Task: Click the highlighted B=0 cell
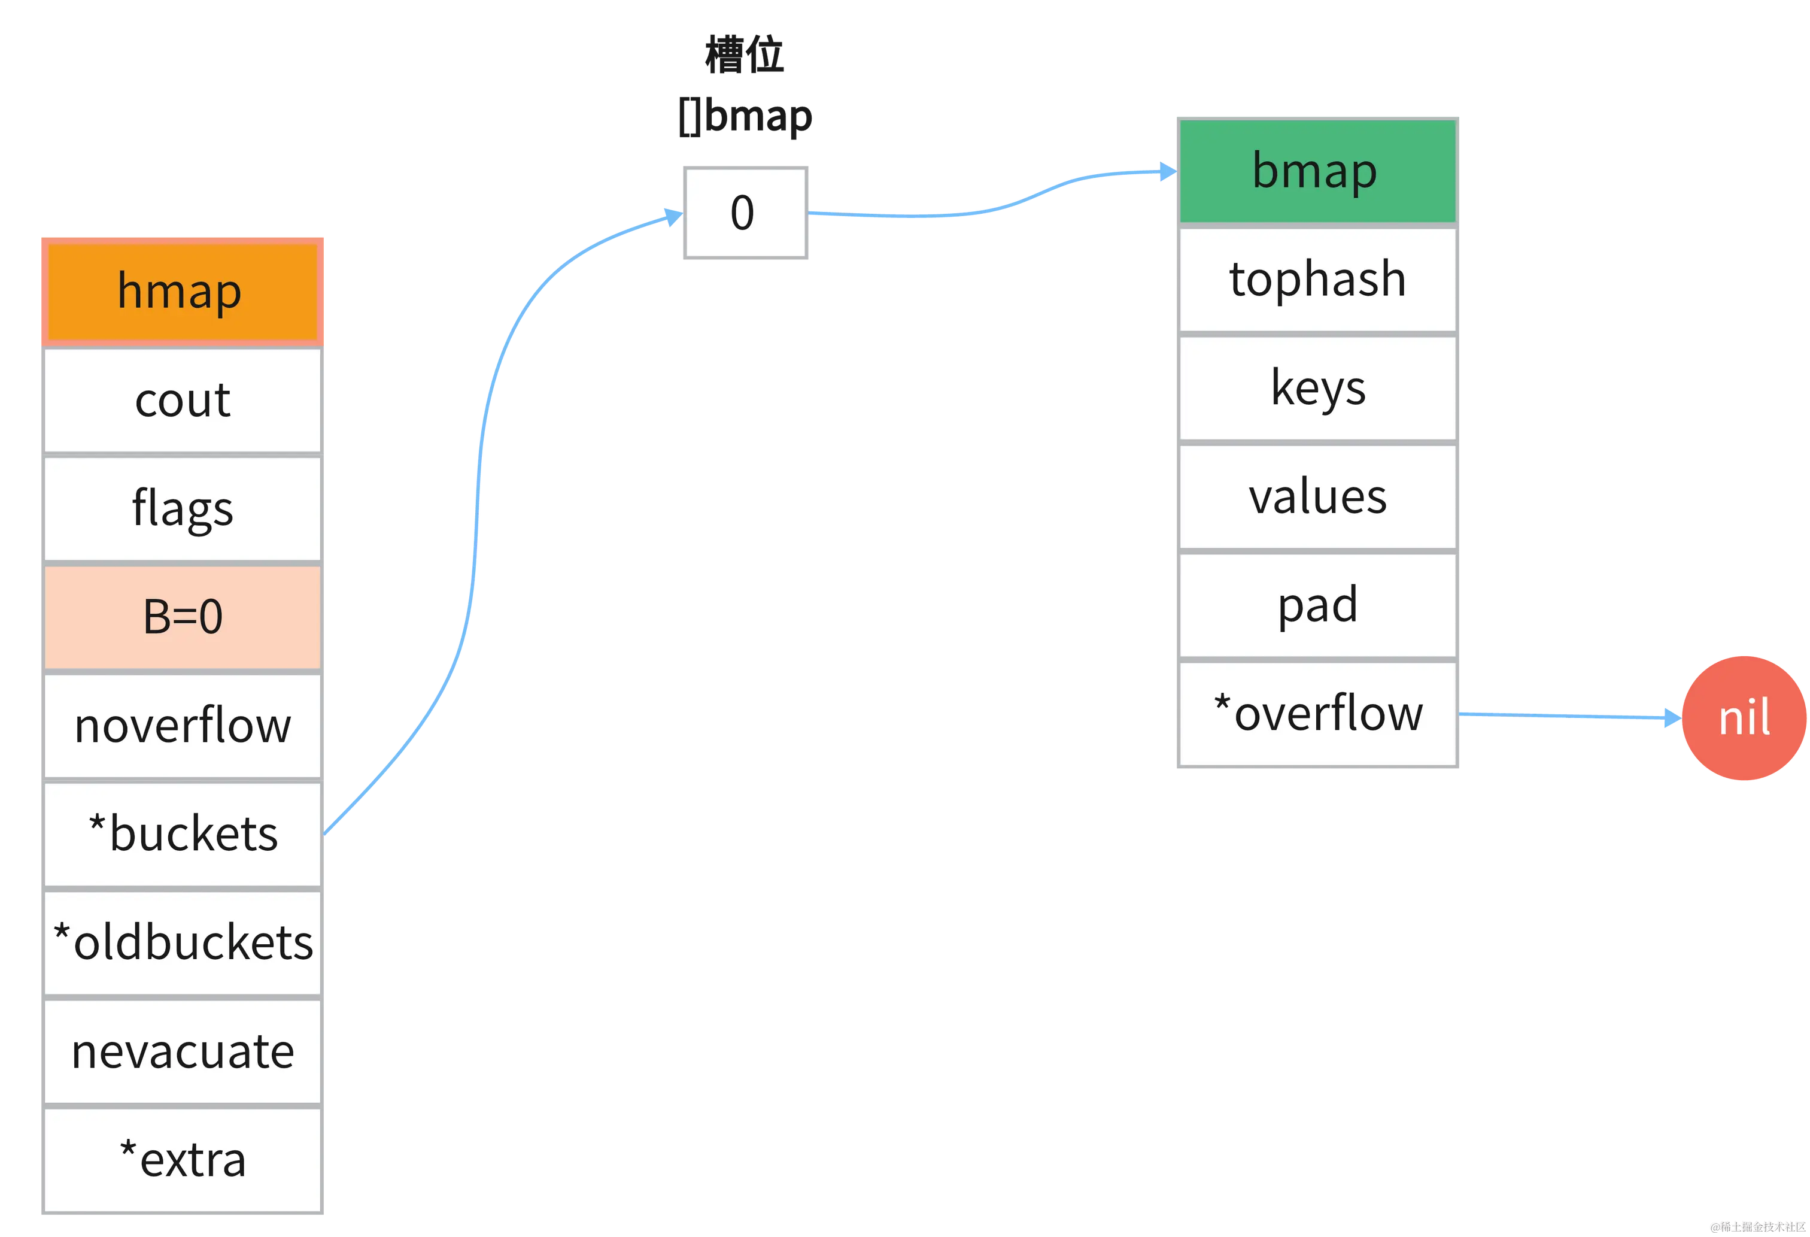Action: [181, 617]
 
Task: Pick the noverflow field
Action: [181, 725]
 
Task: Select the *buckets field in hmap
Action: [181, 833]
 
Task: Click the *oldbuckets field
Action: [181, 942]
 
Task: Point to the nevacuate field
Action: [181, 1051]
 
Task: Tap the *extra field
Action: [181, 1160]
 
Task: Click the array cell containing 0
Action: [746, 213]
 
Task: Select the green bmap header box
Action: [1317, 171]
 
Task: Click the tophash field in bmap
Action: [1317, 279]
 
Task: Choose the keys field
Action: [1317, 387]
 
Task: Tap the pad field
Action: [1317, 605]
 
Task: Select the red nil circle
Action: [1743, 717]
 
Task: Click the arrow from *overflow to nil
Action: [1565, 715]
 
